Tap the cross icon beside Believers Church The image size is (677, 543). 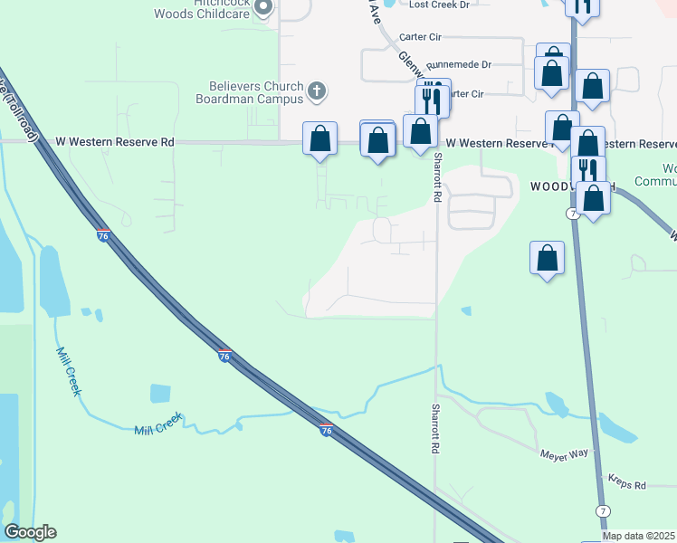[x=316, y=90]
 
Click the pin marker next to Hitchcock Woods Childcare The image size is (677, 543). [x=264, y=8]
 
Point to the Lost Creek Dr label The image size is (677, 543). [x=440, y=5]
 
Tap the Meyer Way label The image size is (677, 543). [x=565, y=452]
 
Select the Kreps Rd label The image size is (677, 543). [x=626, y=485]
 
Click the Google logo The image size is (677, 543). [x=30, y=532]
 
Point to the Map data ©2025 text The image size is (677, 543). [x=638, y=536]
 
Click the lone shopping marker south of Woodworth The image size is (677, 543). [x=547, y=258]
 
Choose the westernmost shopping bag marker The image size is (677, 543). [x=319, y=139]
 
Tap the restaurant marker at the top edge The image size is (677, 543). [x=582, y=5]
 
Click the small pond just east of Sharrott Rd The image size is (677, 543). [x=466, y=311]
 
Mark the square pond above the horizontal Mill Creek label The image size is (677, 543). [x=160, y=394]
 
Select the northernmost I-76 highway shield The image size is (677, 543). [x=103, y=234]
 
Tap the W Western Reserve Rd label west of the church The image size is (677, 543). [x=114, y=142]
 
